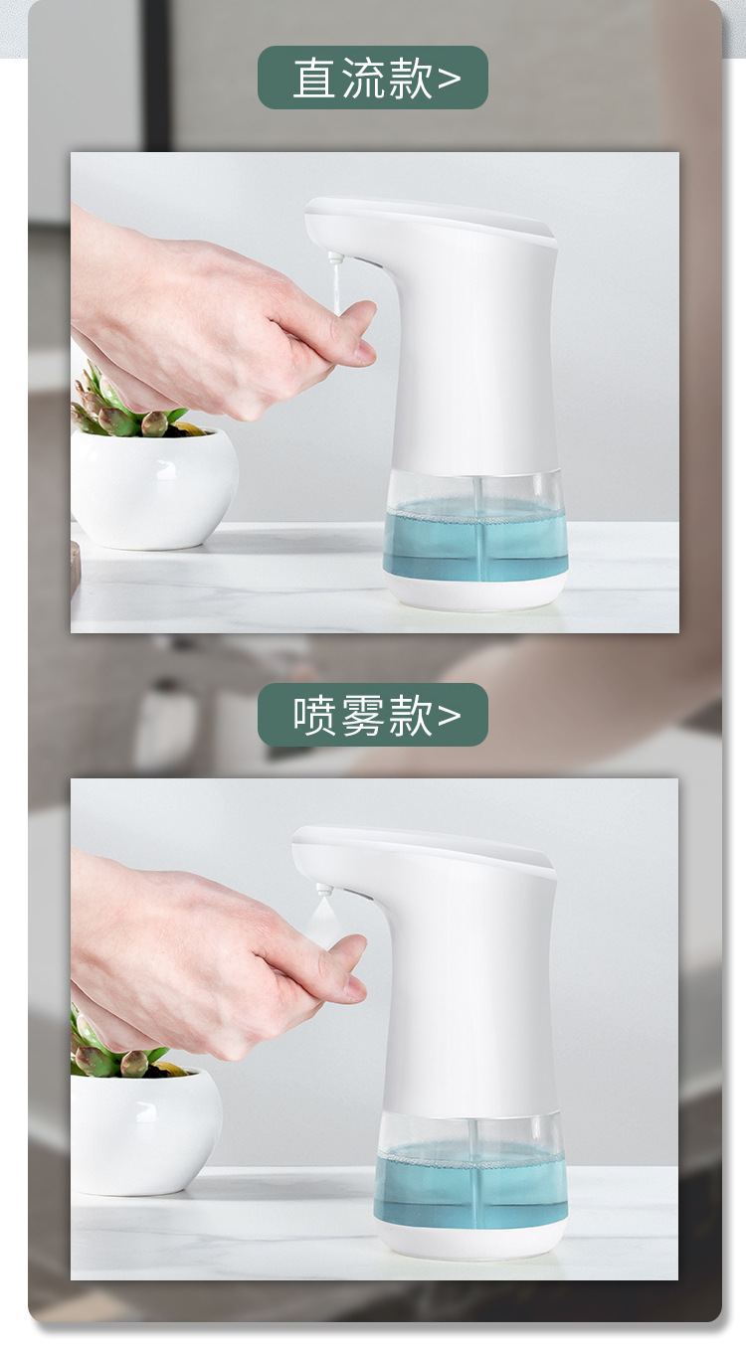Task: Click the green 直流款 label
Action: point(372,78)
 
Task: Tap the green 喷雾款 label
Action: point(372,715)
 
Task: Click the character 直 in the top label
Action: point(314,79)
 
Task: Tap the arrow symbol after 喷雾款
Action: point(450,717)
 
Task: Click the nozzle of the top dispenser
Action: point(335,259)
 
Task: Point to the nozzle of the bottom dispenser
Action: point(324,889)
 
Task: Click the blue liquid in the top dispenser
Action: point(475,539)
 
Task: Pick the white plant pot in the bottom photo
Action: point(146,1130)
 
